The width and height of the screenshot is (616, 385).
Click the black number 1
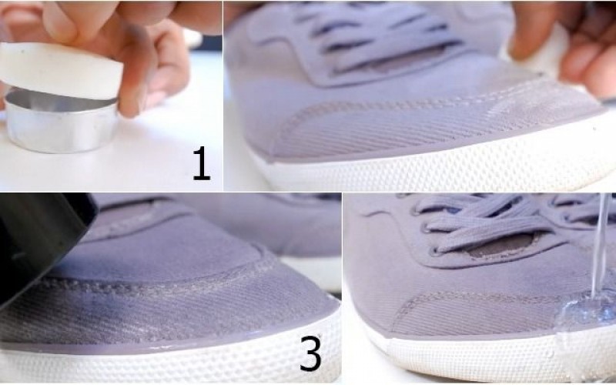click(x=202, y=163)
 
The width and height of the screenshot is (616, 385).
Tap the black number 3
click(x=311, y=353)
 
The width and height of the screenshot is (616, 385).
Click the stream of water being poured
click(x=600, y=243)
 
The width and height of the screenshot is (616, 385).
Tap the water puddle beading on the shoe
click(x=586, y=310)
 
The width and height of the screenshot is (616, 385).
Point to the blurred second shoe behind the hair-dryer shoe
click(x=275, y=232)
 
